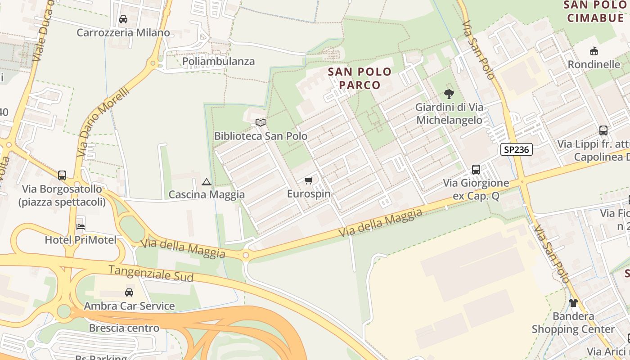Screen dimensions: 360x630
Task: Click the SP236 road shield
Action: pyautogui.click(x=516, y=149)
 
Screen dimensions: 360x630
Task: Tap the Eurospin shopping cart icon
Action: pyautogui.click(x=308, y=181)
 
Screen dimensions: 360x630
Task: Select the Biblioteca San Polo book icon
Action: pyautogui.click(x=261, y=122)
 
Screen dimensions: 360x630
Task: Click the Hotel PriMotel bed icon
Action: pyautogui.click(x=81, y=226)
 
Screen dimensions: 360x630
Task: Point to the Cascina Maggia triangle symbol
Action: pyautogui.click(x=207, y=182)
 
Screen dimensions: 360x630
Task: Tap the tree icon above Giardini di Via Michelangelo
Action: pyautogui.click(x=449, y=94)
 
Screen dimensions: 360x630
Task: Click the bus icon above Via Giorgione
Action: pyautogui.click(x=476, y=170)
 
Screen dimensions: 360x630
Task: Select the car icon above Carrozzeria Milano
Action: pyautogui.click(x=123, y=19)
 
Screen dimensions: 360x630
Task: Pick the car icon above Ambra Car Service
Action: pyautogui.click(x=129, y=292)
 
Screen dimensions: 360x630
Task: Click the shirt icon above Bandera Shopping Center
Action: pyautogui.click(x=573, y=303)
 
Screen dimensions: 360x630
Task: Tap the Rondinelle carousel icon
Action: pyautogui.click(x=594, y=51)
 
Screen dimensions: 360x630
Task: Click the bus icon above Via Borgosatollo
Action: pyautogui.click(x=62, y=175)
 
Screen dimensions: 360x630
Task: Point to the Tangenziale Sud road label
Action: pyautogui.click(x=151, y=273)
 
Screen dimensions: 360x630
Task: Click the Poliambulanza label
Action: pyautogui.click(x=218, y=61)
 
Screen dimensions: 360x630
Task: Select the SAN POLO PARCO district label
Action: pyautogui.click(x=360, y=78)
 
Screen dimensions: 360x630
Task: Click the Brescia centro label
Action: pyautogui.click(x=124, y=328)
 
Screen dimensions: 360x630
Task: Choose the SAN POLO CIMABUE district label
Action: pyautogui.click(x=595, y=11)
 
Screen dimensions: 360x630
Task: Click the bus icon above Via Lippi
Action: pyautogui.click(x=603, y=130)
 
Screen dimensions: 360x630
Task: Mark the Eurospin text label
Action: pyautogui.click(x=309, y=194)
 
